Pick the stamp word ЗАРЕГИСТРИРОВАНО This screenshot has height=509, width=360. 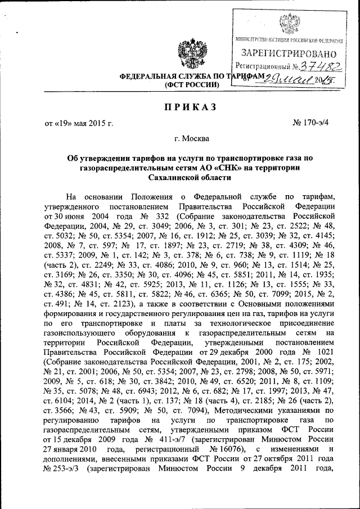[x=289, y=54]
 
